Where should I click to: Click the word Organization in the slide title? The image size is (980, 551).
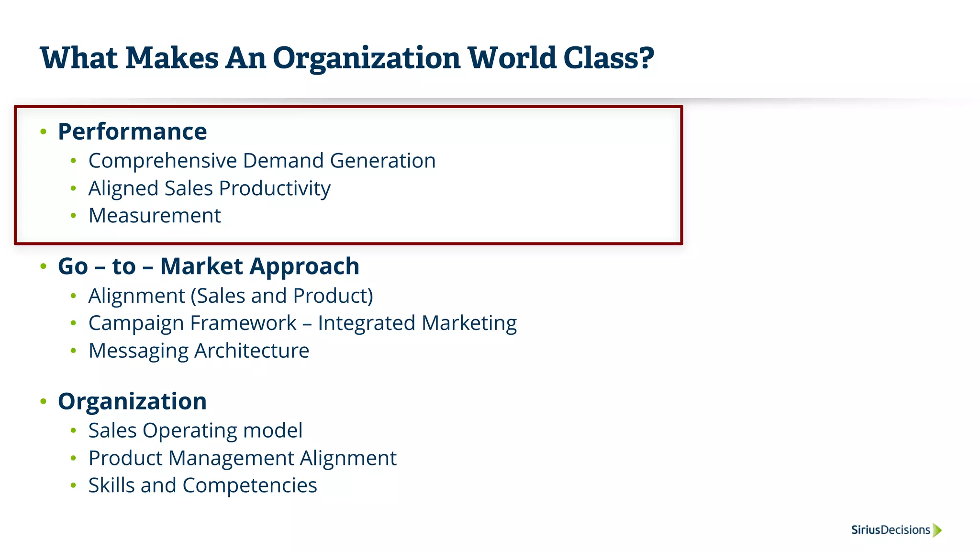point(366,58)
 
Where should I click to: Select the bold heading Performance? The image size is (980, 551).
point(132,132)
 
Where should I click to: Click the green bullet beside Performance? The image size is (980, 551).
point(44,132)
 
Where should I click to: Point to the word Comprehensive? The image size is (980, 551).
point(163,161)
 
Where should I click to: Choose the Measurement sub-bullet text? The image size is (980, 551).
point(155,216)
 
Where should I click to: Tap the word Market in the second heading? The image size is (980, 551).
point(201,266)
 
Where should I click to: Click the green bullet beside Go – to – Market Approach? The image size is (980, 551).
point(44,266)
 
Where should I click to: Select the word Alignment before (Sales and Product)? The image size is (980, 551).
point(136,296)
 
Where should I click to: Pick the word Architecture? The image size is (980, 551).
point(252,351)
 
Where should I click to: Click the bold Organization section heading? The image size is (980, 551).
point(132,401)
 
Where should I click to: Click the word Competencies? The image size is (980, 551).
point(250,485)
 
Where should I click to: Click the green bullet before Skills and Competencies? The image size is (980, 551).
point(73,485)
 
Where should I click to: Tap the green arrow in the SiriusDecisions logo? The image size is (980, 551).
point(937,530)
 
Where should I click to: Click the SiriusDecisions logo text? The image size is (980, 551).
point(890,530)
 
